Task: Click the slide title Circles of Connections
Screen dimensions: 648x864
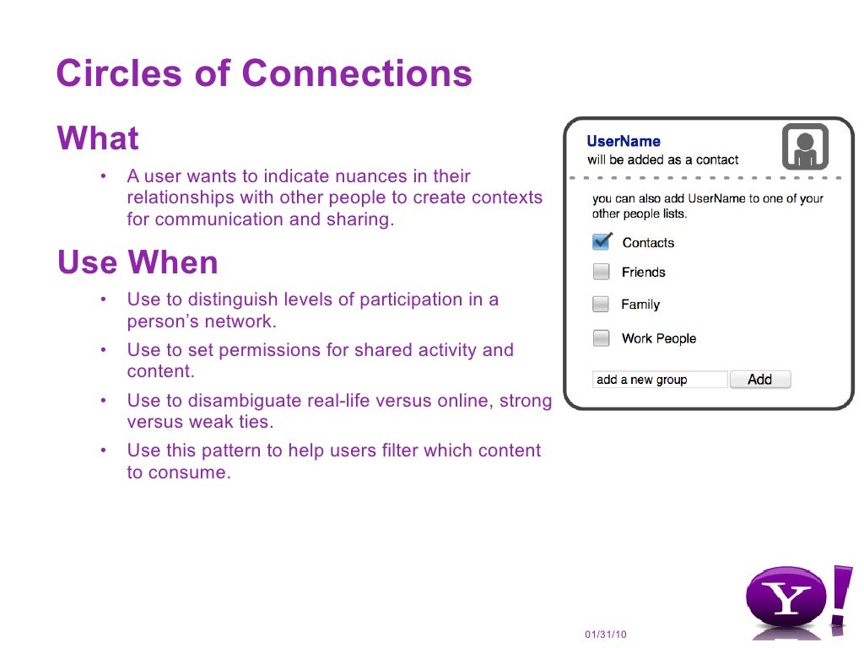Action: pyautogui.click(x=263, y=73)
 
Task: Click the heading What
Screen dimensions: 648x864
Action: pyautogui.click(x=97, y=138)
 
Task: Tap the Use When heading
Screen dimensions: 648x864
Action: pyautogui.click(x=138, y=263)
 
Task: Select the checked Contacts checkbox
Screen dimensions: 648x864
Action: pyautogui.click(x=601, y=242)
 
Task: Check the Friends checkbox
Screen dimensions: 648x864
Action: pyautogui.click(x=601, y=272)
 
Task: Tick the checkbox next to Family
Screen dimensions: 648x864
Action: pyautogui.click(x=601, y=305)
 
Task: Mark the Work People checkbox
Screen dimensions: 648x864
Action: pyautogui.click(x=601, y=338)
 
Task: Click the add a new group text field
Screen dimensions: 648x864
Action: pyautogui.click(x=659, y=380)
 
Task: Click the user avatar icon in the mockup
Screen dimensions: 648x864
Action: pyautogui.click(x=805, y=147)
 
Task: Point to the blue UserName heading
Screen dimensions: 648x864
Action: pyautogui.click(x=624, y=142)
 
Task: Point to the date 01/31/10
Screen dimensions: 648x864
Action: pyautogui.click(x=606, y=634)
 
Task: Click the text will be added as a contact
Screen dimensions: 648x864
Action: pyautogui.click(x=662, y=159)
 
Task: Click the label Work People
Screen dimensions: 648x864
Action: pyautogui.click(x=659, y=338)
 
